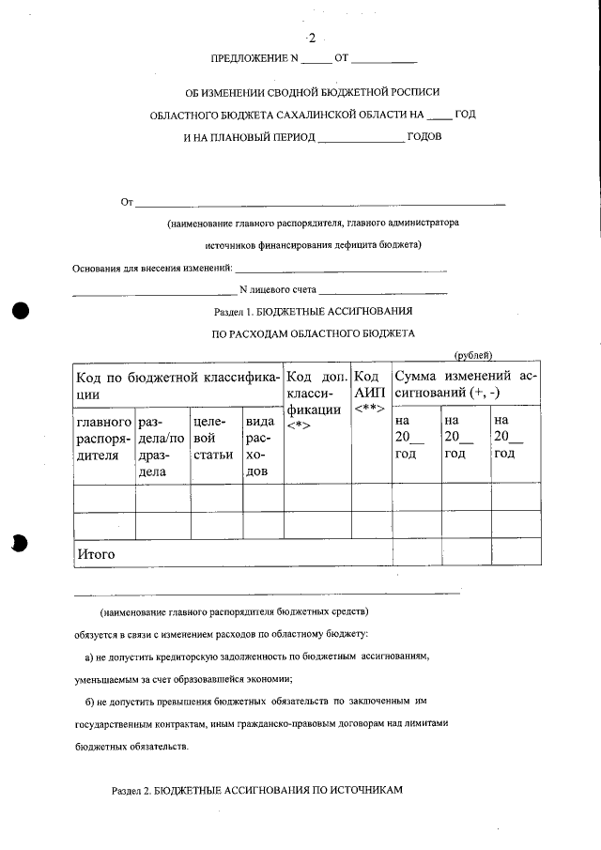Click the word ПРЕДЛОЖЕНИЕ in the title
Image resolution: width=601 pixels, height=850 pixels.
tap(249, 59)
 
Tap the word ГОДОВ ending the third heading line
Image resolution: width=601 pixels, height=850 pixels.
tap(424, 137)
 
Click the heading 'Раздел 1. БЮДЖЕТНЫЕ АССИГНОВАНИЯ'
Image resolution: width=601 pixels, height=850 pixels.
tap(314, 310)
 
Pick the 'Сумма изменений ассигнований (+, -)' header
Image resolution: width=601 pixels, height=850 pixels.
tap(466, 384)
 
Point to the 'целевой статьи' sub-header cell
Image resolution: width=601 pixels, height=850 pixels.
tap(215, 439)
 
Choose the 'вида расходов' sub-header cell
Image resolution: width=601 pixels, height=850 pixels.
tap(262, 446)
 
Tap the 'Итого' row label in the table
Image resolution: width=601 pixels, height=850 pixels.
tap(96, 554)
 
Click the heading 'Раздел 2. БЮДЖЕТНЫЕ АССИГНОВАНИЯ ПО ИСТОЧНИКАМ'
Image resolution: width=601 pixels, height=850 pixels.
tap(256, 790)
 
